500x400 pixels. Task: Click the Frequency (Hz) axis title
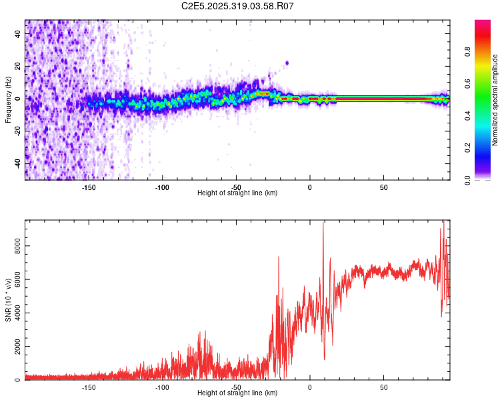coord(7,100)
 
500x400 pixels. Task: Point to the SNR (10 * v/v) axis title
coord(7,300)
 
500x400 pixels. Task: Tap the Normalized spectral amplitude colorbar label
coord(495,100)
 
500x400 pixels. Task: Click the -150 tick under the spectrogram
coord(89,187)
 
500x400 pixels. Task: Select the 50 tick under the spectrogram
coord(384,187)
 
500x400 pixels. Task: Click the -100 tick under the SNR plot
coord(162,387)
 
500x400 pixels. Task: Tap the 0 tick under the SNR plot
coord(310,387)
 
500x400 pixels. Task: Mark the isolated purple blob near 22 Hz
coord(287,63)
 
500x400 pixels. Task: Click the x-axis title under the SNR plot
coord(237,393)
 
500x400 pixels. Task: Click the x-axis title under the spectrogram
coord(237,193)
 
